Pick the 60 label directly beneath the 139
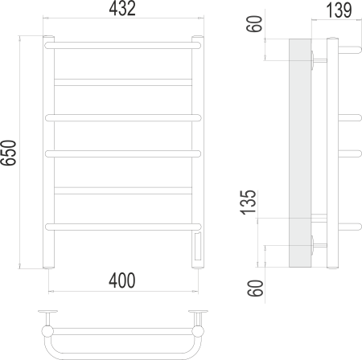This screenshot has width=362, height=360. click(x=255, y=24)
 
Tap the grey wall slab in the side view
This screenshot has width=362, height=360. click(x=300, y=153)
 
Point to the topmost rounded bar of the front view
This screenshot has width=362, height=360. click(x=123, y=47)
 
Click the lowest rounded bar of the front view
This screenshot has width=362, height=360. click(x=123, y=225)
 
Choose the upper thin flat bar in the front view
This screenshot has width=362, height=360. click(x=123, y=80)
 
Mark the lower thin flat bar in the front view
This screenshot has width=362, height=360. click(x=123, y=190)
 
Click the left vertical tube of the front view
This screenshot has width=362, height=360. click(x=49, y=153)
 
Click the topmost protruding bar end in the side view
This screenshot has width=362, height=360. click(x=350, y=46)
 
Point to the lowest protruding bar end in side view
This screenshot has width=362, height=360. click(x=350, y=224)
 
